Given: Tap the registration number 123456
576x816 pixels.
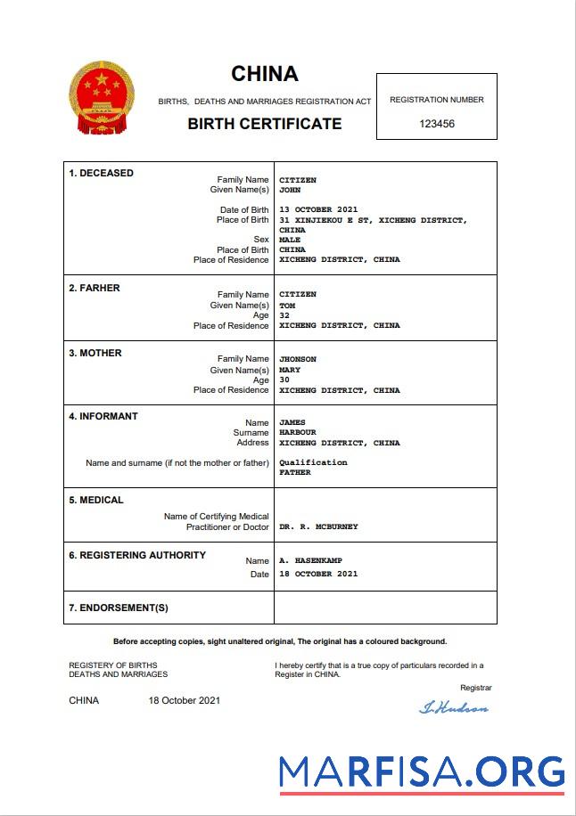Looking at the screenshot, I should tap(437, 124).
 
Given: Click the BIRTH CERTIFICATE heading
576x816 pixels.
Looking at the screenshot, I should tap(264, 124).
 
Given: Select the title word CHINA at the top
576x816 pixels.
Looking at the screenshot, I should tap(265, 74).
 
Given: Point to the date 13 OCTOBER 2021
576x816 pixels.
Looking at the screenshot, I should tap(318, 209).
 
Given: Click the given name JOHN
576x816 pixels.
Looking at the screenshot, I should tap(290, 190).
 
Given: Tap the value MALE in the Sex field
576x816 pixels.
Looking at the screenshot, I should tap(290, 240).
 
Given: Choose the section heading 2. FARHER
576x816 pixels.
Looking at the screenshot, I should tap(95, 288).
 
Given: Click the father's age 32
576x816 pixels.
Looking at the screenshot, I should tap(284, 315).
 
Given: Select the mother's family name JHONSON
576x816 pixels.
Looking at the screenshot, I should tap(298, 359).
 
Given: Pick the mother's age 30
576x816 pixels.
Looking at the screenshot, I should tap(284, 379).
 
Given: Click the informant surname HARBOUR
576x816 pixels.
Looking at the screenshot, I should tap(298, 432).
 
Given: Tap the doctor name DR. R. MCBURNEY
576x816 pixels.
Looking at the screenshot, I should tap(318, 526).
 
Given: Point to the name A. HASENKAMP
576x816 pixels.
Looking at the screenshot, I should tap(311, 561).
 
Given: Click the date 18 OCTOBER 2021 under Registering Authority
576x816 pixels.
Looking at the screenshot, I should tap(318, 574).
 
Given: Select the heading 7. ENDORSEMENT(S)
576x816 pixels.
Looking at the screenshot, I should tap(119, 608).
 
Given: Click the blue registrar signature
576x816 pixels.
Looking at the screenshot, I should tap(454, 708).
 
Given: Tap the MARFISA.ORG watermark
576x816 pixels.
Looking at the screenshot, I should tap(421, 771).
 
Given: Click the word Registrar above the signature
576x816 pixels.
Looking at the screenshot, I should tap(475, 688).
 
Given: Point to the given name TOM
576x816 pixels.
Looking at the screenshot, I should tap(287, 306).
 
